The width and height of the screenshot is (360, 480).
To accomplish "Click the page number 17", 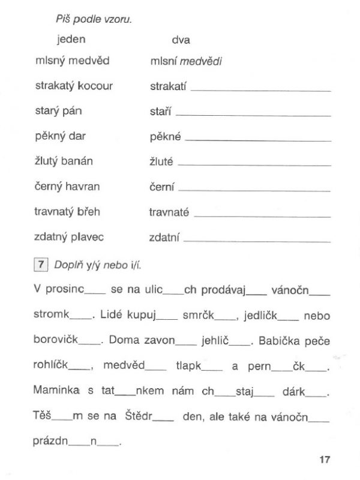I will pyautogui.click(x=325, y=460).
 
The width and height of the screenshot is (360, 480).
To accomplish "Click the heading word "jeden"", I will pyautogui.click(x=71, y=40).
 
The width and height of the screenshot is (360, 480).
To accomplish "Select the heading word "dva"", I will pyautogui.click(x=181, y=40).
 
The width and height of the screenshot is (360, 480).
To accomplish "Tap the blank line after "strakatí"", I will pyautogui.click(x=260, y=90).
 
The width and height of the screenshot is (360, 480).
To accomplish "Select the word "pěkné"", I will pyautogui.click(x=165, y=136).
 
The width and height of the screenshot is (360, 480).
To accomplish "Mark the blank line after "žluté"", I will pyautogui.click(x=255, y=165).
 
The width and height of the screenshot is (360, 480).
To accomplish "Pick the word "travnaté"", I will pyautogui.click(x=169, y=212).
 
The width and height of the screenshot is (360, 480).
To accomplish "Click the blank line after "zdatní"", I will pyautogui.click(x=257, y=241).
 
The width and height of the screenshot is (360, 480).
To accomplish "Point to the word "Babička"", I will pyautogui.click(x=281, y=341).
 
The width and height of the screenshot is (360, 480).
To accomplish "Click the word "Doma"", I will pyautogui.click(x=125, y=341).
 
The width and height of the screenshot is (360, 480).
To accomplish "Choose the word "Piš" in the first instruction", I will pyautogui.click(x=62, y=19).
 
